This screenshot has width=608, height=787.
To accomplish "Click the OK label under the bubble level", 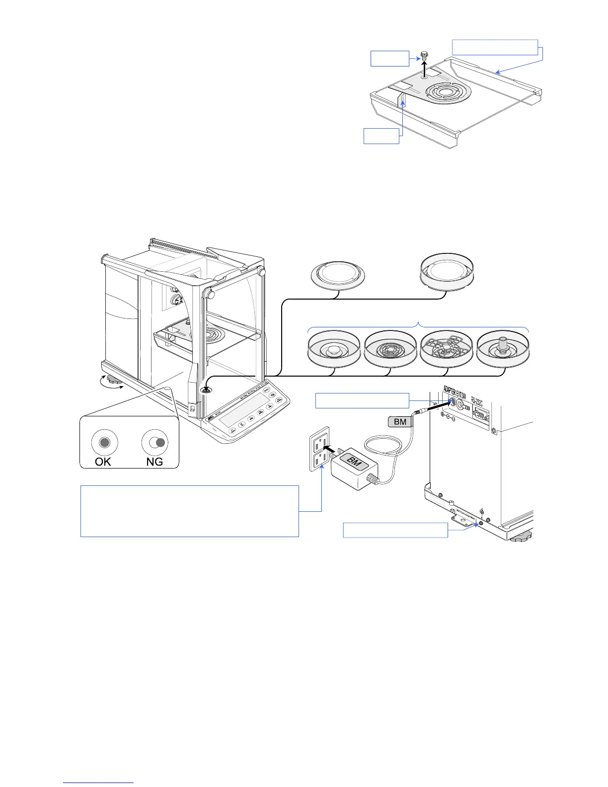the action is click(103, 462).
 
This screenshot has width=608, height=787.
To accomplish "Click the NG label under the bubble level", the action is click(154, 462).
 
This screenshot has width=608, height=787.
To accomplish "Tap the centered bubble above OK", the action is click(104, 442).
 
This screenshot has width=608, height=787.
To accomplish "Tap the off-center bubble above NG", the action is click(160, 442).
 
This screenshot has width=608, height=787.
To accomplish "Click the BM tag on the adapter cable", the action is click(400, 422).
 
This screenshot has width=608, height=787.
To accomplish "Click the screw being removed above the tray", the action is click(424, 55).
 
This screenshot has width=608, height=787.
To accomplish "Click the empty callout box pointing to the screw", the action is click(390, 58).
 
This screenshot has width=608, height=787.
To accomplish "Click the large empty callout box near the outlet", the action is click(189, 511).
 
